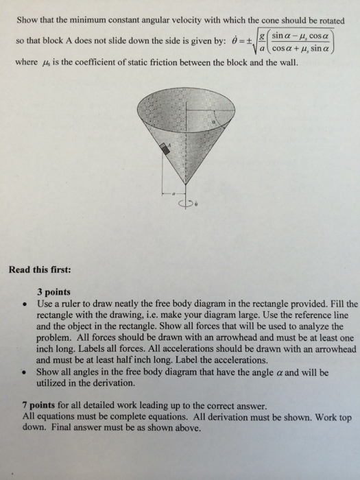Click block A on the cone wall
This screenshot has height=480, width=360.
165,149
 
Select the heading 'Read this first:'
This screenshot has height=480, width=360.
40,269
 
